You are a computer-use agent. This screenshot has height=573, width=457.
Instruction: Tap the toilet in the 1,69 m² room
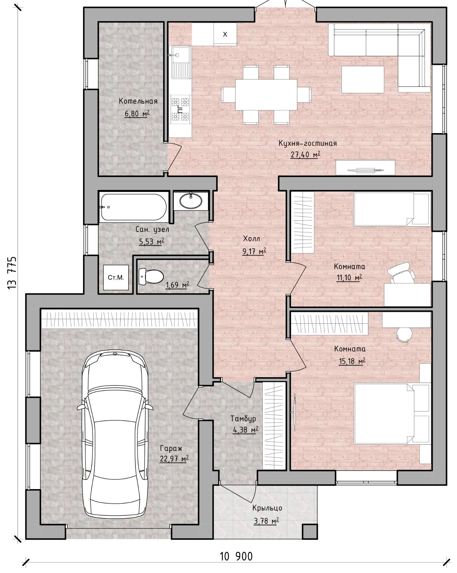point(151,276)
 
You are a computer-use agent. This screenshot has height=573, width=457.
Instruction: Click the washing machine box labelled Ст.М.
point(116,278)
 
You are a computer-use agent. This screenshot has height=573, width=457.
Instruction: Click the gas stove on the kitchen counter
point(180,109)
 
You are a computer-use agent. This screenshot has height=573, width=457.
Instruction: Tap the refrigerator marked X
point(225,34)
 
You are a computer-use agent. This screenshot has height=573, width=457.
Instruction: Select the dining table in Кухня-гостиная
point(266,95)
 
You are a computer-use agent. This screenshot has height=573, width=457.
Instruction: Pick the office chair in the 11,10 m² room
point(402,273)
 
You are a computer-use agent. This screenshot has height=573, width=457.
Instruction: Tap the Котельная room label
point(138,101)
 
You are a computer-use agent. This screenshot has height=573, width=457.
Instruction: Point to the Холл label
point(252,239)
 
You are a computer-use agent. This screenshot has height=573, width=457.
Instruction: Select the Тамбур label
point(243,419)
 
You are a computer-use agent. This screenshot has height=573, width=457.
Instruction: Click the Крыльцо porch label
point(267,508)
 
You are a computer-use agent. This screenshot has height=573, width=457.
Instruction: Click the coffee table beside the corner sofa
point(363,79)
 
